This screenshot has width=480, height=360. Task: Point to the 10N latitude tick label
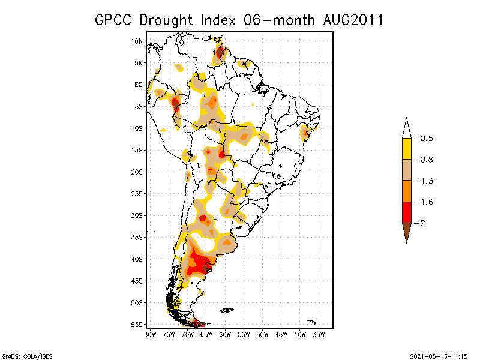pyautogui.click(x=137, y=41)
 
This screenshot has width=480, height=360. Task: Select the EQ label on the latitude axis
pyautogui.click(x=139, y=85)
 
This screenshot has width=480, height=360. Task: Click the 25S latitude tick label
pyautogui.click(x=137, y=194)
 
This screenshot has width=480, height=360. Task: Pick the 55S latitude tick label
pyautogui.click(x=137, y=325)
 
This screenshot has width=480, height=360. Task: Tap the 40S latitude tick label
pyautogui.click(x=137, y=259)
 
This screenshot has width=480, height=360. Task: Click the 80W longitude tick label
pyautogui.click(x=150, y=334)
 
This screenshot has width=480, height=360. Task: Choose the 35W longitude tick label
pyautogui.click(x=319, y=334)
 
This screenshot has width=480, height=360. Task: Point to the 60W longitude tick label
pyautogui.click(x=225, y=334)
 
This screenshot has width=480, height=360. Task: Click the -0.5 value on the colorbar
pyautogui.click(x=425, y=139)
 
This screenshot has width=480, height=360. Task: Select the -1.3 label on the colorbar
pyautogui.click(x=425, y=181)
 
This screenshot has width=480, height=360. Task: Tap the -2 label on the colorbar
pyautogui.click(x=422, y=223)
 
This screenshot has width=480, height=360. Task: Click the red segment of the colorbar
pyautogui.click(x=406, y=212)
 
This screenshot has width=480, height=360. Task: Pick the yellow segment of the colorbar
pyautogui.click(x=406, y=149)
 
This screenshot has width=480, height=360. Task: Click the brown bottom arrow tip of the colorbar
pyautogui.click(x=406, y=235)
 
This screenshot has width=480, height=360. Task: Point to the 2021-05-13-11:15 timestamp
pyautogui.click(x=439, y=355)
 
